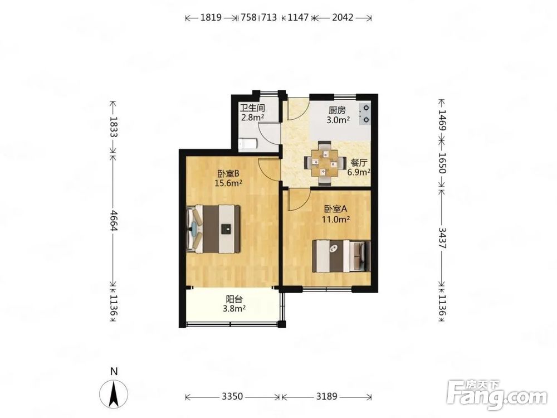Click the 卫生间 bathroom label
(252, 108)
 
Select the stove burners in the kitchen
(365, 114)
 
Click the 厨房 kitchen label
(337, 110)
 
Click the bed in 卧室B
(213, 229)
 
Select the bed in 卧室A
(341, 256)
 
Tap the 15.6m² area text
(228, 183)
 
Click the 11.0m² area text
(336, 219)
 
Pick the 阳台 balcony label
(234, 299)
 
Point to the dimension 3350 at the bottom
(232, 396)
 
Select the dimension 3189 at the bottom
(327, 396)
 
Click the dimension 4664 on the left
(113, 220)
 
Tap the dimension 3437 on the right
(442, 238)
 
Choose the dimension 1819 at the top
(211, 17)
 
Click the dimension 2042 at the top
(343, 17)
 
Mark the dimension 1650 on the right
(442, 163)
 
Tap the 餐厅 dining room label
(359, 163)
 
